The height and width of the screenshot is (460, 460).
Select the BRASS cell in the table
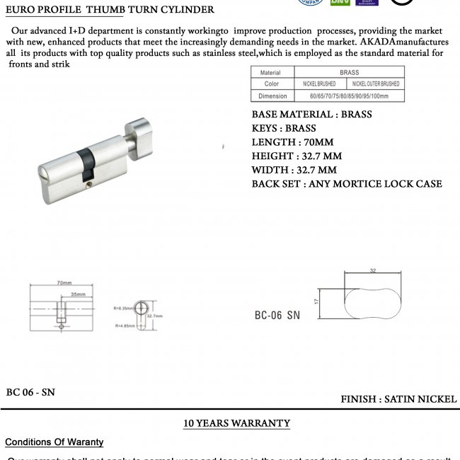(349, 72)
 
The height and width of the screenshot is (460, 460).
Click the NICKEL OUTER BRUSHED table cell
(376, 84)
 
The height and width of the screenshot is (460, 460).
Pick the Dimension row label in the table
(272, 96)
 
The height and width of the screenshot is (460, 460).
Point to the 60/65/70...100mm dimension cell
(349, 96)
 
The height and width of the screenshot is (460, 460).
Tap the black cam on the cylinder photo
(86, 162)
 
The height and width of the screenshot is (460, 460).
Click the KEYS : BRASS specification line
(284, 128)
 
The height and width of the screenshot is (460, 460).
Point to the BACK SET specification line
(347, 184)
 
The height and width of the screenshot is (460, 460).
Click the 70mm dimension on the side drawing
(66, 283)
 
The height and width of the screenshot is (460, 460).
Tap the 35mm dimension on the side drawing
(79, 293)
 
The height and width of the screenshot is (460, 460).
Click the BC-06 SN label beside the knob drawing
(277, 316)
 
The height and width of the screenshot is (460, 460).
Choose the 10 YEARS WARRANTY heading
(236, 423)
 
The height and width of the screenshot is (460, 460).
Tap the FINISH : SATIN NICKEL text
(398, 399)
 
